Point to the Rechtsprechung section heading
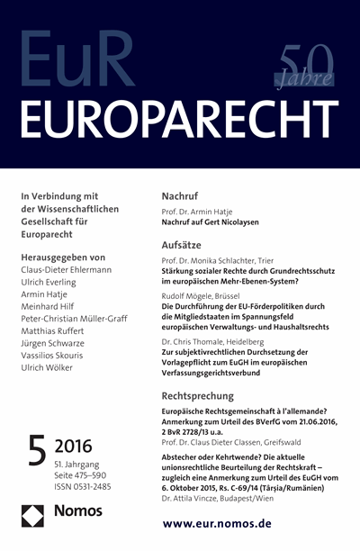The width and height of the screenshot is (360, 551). tap(206, 394)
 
